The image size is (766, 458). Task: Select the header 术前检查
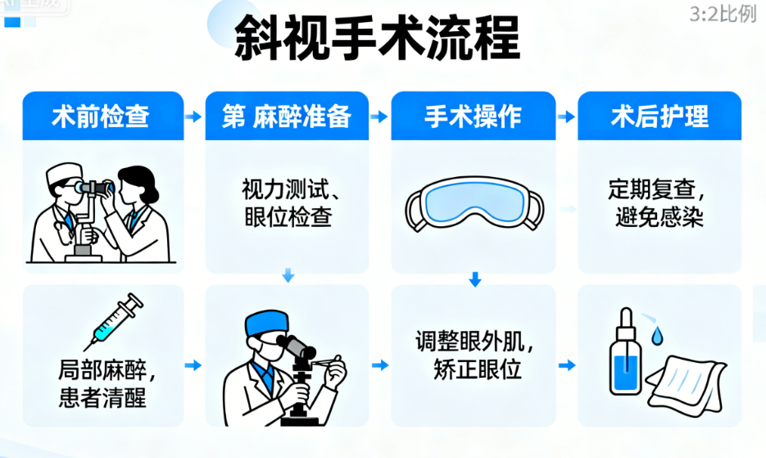pos(101,116)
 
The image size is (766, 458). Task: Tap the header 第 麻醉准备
pos(287,116)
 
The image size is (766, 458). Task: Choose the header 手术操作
pos(473,116)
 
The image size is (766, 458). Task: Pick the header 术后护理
pos(659,116)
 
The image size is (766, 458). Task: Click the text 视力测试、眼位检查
pos(287,203)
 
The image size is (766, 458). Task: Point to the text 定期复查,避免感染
pos(659,203)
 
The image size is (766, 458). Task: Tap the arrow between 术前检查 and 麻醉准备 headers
pos(193,117)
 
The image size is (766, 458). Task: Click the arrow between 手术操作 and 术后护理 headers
pos(566,117)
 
